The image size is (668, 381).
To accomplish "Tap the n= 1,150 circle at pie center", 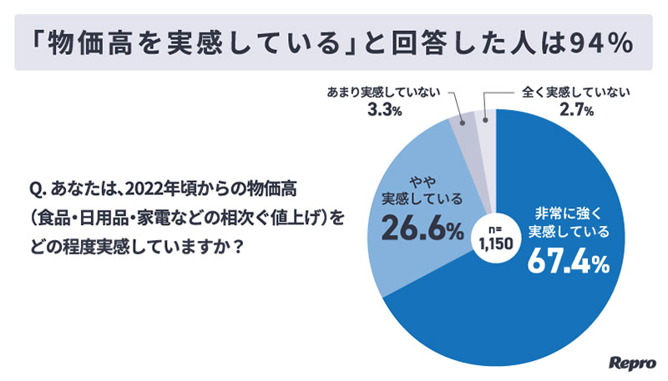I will click(493, 233).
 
